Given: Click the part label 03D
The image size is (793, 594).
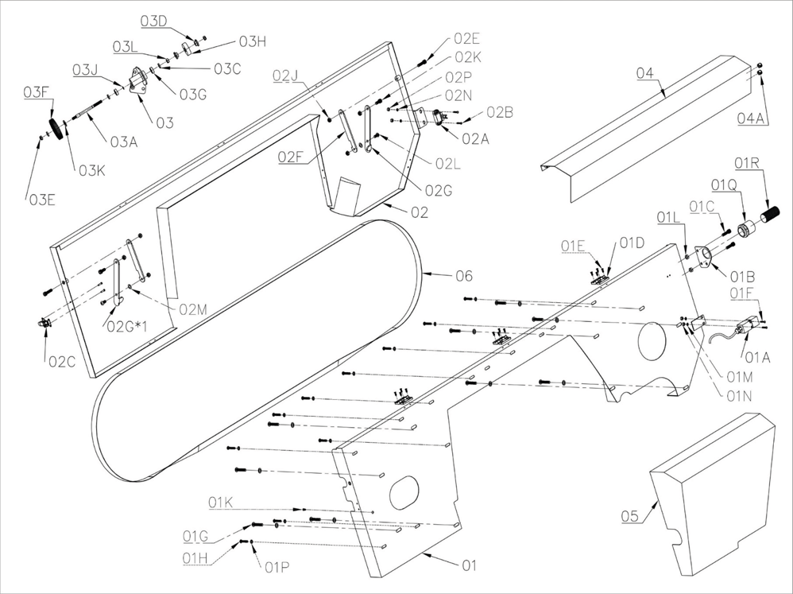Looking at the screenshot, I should click(x=154, y=20).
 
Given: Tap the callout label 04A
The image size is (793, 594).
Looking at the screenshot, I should click(x=751, y=118).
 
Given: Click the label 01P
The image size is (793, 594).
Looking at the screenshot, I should click(x=277, y=567).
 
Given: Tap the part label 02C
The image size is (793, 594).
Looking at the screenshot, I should click(x=62, y=361).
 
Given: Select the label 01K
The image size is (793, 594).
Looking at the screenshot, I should click(x=221, y=502).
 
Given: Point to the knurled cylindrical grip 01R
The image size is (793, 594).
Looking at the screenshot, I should click(x=771, y=214).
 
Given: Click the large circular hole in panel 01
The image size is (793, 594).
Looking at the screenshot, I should click(x=656, y=340).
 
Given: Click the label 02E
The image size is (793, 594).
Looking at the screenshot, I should click(x=466, y=39).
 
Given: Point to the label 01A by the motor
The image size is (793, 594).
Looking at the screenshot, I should click(x=760, y=357).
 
